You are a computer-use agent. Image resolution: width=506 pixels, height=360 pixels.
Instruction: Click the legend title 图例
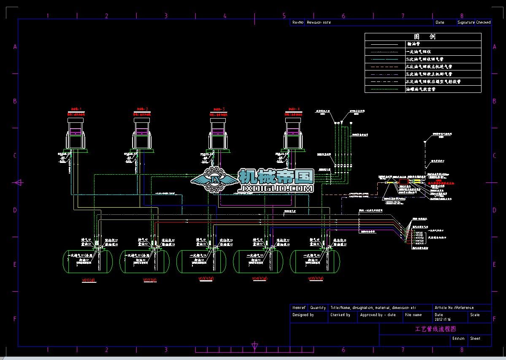(423, 37)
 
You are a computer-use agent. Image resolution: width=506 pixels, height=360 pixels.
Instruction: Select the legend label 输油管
(413, 44)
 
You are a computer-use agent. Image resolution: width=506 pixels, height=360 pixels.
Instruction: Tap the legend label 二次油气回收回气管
(424, 60)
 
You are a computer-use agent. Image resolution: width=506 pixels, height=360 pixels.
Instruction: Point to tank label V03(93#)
(206, 279)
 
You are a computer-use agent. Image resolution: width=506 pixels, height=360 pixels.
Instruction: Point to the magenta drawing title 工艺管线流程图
(436, 329)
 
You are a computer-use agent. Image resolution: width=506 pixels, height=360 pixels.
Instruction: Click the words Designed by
(303, 315)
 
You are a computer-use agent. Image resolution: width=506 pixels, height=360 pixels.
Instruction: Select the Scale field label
(475, 315)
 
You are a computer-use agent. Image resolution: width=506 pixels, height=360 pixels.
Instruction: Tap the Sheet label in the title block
(475, 338)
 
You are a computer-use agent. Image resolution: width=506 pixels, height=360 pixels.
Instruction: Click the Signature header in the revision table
(466, 22)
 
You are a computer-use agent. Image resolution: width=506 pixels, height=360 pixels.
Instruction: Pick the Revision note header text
(319, 22)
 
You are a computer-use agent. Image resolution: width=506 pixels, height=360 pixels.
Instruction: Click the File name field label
(413, 315)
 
